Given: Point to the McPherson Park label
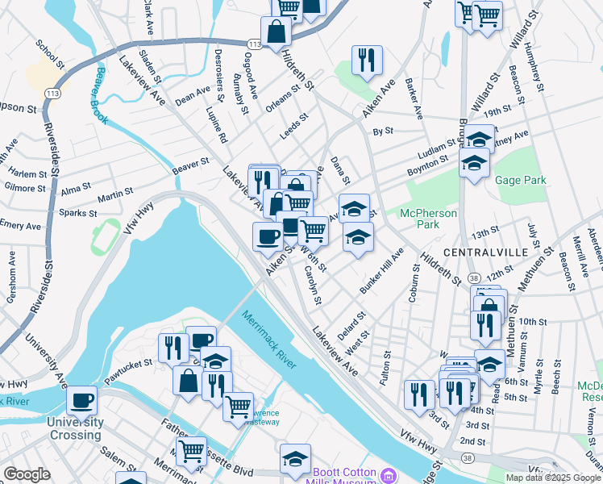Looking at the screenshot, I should [429, 219].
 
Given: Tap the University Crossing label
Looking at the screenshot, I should [74, 428].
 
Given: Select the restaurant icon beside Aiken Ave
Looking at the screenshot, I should [367, 59].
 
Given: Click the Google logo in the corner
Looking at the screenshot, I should [26, 474].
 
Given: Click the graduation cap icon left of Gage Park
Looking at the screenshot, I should [475, 163].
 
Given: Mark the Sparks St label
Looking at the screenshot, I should [79, 214].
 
